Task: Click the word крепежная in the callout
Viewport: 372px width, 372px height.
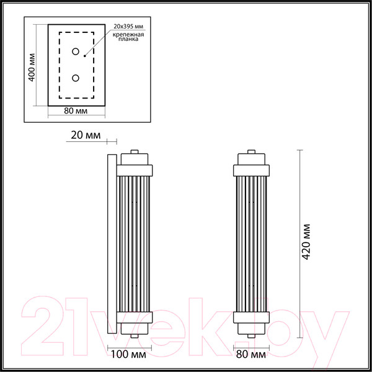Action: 128,34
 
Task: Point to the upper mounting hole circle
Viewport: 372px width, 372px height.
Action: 76,52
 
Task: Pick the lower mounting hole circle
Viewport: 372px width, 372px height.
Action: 76,77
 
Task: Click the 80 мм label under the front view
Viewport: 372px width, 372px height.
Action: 252,355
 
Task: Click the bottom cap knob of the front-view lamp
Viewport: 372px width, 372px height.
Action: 252,335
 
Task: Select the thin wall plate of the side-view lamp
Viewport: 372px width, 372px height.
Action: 112,242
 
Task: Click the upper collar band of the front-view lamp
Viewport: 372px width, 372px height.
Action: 252,169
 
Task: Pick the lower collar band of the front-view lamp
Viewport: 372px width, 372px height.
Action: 252,317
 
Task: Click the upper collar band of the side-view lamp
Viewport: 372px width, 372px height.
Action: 135,169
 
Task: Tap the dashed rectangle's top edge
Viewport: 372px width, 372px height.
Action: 76,31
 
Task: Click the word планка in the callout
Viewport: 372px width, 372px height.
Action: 128,40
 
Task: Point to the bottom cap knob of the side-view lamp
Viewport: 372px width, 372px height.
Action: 135,335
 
